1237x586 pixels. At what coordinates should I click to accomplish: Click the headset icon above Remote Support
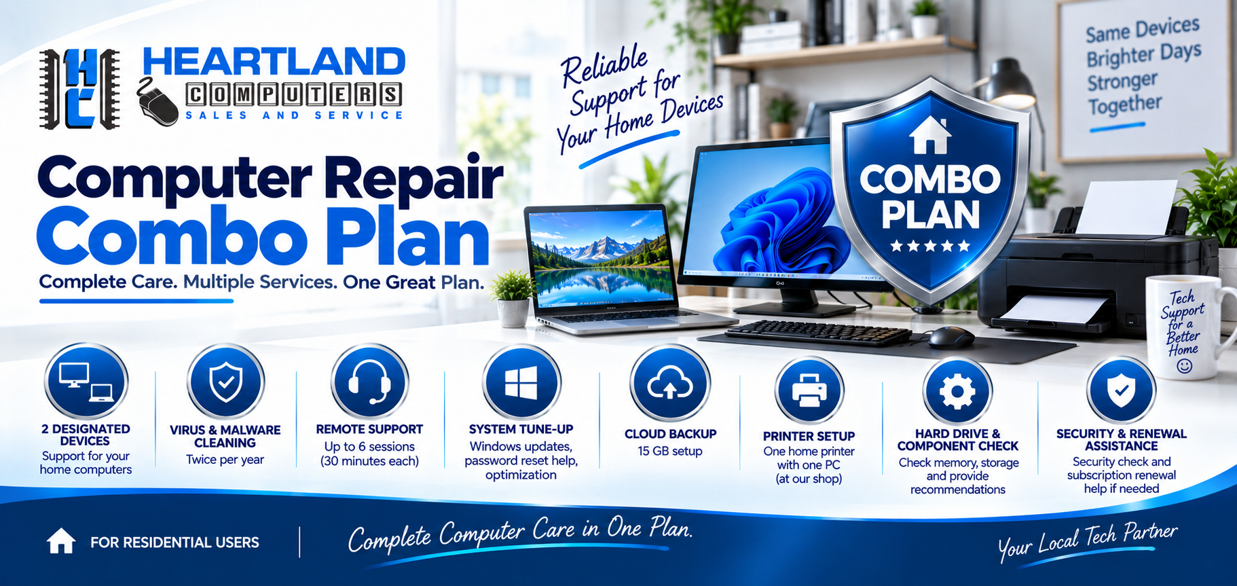[369, 382]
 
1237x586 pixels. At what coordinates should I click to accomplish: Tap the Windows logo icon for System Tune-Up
[521, 383]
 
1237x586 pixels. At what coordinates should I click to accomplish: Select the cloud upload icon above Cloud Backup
[670, 384]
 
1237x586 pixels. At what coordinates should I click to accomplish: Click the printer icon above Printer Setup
[809, 390]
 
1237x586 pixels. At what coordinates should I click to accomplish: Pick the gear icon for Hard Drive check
[957, 391]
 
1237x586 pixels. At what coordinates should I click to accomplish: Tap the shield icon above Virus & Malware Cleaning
[225, 382]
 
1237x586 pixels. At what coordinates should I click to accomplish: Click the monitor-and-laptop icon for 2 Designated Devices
[86, 382]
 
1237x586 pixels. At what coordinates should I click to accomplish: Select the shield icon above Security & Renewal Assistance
[1121, 390]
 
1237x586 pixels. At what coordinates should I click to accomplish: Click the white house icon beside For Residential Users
[61, 541]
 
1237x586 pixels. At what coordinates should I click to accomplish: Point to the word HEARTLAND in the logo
[274, 62]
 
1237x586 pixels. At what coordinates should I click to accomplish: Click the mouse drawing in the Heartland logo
[158, 102]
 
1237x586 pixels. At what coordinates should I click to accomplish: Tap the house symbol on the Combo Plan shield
[930, 134]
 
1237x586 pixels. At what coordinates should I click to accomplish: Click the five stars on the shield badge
[930, 246]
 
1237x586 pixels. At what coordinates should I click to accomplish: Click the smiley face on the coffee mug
[1184, 367]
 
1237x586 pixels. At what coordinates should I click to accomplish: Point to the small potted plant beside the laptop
[513, 299]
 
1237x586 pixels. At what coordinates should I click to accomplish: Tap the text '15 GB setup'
[670, 451]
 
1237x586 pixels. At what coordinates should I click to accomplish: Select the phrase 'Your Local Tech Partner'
[1088, 541]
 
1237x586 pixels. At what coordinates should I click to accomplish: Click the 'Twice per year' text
[225, 460]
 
